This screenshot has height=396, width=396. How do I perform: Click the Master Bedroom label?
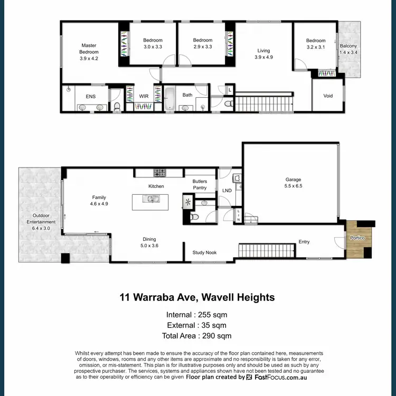click(89, 49)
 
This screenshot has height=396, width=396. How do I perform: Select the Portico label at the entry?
click(359, 238)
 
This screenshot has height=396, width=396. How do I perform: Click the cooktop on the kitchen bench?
click(159, 173)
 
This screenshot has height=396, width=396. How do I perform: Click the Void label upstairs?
click(328, 96)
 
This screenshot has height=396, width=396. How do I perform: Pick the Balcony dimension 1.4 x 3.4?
click(348, 53)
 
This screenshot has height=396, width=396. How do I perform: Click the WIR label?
click(144, 96)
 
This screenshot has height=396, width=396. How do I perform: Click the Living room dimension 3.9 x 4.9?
click(263, 57)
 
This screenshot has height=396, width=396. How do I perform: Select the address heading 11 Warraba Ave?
click(197, 297)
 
